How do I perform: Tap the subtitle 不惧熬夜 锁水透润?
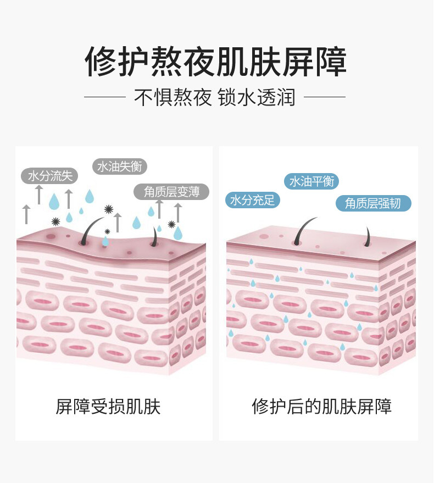(215, 98)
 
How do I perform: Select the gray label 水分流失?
(50, 176)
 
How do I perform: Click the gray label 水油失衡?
(119, 166)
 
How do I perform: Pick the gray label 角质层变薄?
(172, 191)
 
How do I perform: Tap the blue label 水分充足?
(252, 199)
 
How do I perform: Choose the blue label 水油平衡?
(311, 181)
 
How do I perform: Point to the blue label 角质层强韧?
(374, 203)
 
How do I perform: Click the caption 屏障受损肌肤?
(108, 407)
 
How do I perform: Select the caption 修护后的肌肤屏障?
(322, 407)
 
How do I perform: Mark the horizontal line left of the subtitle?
(105, 97)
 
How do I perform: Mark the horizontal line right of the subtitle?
(325, 97)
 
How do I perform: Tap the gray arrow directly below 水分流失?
(39, 194)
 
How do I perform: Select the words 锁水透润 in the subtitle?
(257, 98)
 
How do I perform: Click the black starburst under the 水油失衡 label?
(108, 209)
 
